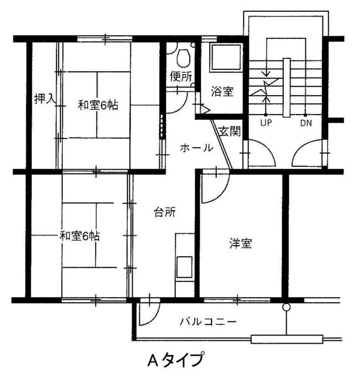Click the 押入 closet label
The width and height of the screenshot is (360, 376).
(45, 99)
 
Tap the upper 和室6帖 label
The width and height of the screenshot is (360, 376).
(99, 106)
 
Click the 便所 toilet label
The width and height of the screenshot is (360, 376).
(181, 76)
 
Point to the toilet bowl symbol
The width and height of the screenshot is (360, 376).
(183, 58)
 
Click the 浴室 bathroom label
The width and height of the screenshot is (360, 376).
(222, 92)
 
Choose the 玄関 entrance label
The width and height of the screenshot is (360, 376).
(230, 131)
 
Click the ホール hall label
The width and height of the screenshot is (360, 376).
(196, 148)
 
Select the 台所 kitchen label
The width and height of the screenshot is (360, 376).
(164, 213)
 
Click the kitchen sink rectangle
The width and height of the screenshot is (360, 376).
(184, 267)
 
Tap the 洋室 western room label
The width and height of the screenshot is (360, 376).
(240, 243)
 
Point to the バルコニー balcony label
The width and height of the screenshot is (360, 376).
(208, 322)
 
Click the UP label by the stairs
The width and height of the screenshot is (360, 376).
(267, 123)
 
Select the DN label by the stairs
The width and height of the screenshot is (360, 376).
(306, 123)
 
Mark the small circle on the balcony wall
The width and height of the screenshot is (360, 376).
(286, 307)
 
